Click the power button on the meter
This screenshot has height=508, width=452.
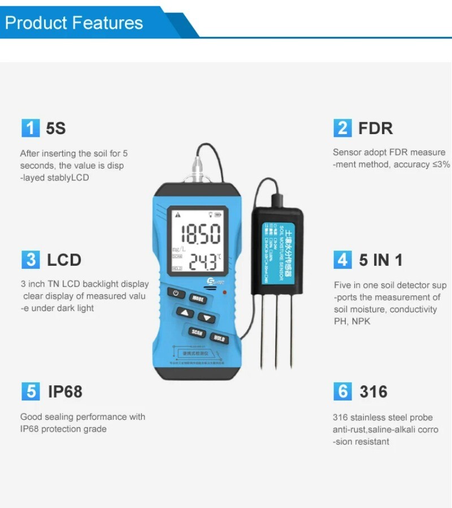coord(176,294)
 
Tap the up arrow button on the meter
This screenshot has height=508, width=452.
coord(185,313)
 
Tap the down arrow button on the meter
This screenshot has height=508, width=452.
coord(207,318)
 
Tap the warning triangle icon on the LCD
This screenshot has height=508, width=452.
coord(178,214)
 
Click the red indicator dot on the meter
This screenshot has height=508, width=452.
coord(225,292)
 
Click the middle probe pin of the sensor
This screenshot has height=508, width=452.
coord(276,334)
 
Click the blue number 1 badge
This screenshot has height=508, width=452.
coord(31,128)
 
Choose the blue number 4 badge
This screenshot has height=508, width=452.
coord(342,260)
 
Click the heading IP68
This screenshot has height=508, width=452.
coord(65,391)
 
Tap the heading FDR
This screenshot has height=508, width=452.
coord(375,128)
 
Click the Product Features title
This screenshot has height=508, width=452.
coord(74,23)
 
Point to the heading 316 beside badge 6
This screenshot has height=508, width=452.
coord(373,391)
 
